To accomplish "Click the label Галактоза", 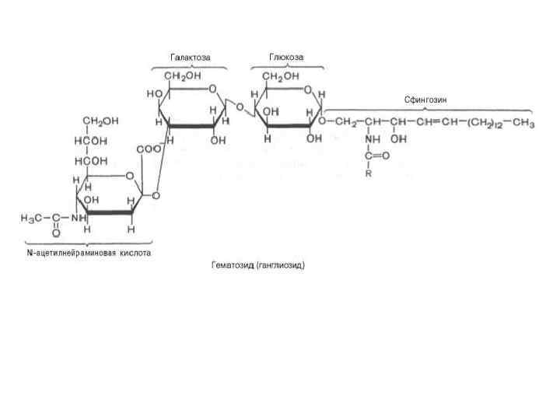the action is [x=191, y=57].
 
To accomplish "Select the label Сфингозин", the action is [x=425, y=100].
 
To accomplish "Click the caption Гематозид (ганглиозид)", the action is [x=258, y=265].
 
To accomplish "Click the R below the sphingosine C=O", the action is [x=369, y=173].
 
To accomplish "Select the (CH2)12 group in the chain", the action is [x=485, y=123].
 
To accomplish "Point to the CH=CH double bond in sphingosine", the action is [x=436, y=123].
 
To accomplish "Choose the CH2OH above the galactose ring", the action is [x=180, y=75].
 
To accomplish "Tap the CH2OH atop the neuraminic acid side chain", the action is [x=101, y=121].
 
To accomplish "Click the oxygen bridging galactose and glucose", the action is [x=239, y=107].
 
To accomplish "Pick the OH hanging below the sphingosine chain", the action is [x=399, y=140].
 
